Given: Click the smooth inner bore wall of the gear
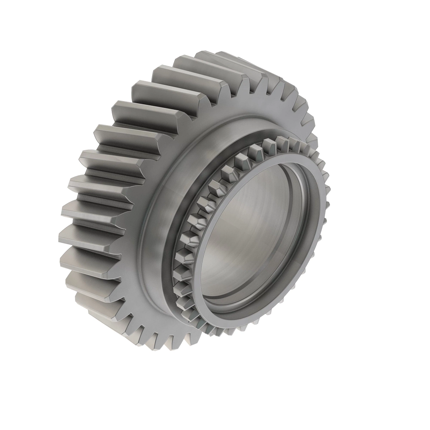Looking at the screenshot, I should [247, 229].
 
